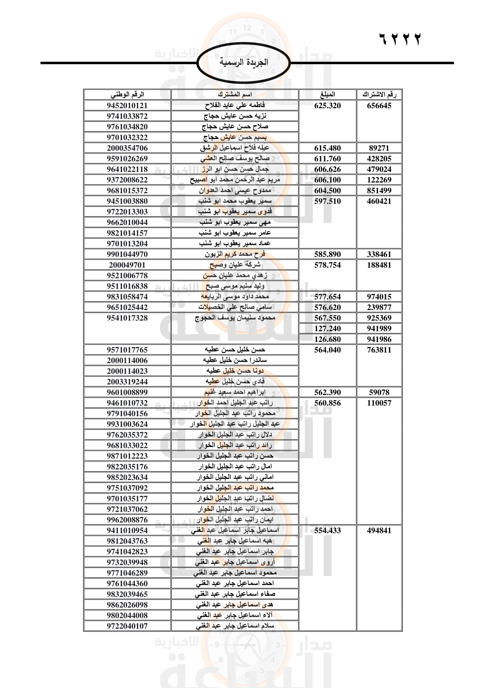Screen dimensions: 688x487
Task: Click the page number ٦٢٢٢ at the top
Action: coord(400,39)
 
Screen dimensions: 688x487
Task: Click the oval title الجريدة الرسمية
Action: coord(243,63)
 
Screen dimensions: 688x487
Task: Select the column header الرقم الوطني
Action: coord(127,95)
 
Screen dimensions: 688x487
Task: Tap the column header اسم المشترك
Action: coord(235,95)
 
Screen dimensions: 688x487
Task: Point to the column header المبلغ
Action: coord(327,95)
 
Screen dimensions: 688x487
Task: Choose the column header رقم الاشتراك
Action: coord(379,95)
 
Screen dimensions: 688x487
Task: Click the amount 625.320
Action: coord(327,106)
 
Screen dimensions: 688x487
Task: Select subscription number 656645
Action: coord(379,106)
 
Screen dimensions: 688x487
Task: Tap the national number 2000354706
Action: coord(127,148)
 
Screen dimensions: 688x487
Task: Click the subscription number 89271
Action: coord(379,148)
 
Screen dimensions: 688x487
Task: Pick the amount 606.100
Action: coord(327,180)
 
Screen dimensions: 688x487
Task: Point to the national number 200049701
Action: coord(127,265)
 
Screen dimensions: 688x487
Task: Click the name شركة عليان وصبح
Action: coord(235,265)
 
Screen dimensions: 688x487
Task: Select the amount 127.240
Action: coord(327,329)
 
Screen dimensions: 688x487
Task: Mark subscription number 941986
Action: coord(379,339)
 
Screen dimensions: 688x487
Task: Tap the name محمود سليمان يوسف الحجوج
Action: coord(235,318)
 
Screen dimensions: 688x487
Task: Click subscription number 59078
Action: coord(379,392)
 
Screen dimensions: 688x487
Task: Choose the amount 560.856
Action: coord(327,403)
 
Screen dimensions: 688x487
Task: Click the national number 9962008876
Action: coord(127,519)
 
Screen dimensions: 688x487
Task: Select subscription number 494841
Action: coord(379,530)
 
